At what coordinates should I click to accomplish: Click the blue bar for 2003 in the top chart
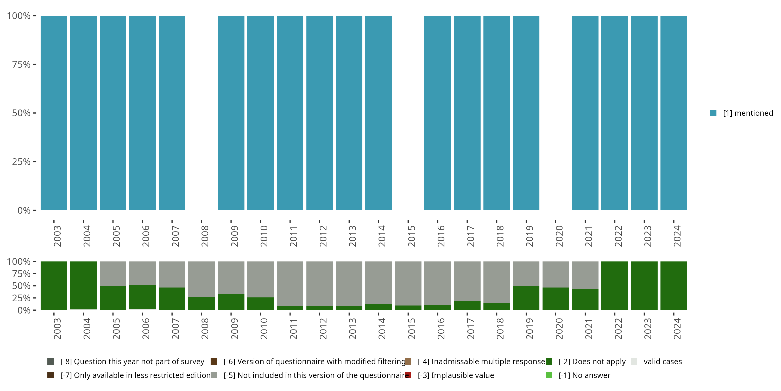pyautogui.click(x=54, y=113)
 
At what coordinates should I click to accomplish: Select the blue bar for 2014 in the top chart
pyautogui.click(x=378, y=113)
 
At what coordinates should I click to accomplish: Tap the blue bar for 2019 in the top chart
pyautogui.click(x=526, y=113)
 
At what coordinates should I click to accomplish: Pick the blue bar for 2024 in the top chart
pyautogui.click(x=674, y=113)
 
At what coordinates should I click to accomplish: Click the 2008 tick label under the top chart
pyautogui.click(x=205, y=236)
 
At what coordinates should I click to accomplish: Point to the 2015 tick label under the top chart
pyautogui.click(x=411, y=236)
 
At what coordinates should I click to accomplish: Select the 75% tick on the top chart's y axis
pyautogui.click(x=21, y=64)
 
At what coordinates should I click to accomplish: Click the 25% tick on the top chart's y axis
pyautogui.click(x=21, y=162)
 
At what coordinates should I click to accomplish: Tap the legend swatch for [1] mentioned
pyautogui.click(x=713, y=113)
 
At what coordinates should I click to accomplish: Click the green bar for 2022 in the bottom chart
pyautogui.click(x=615, y=285)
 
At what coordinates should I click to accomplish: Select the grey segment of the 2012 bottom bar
pyautogui.click(x=319, y=283)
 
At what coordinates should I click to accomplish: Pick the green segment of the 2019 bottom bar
pyautogui.click(x=526, y=297)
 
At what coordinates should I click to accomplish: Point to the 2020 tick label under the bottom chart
pyautogui.click(x=559, y=329)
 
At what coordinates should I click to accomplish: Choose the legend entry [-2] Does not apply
pyautogui.click(x=592, y=362)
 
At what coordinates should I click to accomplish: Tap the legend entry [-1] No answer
pyautogui.click(x=584, y=375)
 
